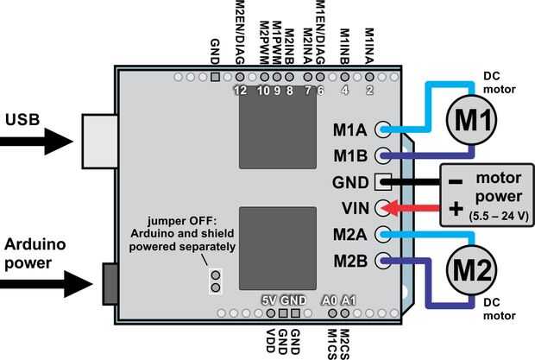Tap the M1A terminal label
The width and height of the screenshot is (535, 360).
[350, 131]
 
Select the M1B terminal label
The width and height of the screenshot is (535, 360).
[350, 156]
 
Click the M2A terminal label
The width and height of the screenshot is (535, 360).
[350, 234]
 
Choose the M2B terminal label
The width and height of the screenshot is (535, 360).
[350, 259]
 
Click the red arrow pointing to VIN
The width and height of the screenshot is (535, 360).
[414, 208]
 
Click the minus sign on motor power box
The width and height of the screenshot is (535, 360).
[456, 182]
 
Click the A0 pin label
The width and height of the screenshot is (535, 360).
[329, 300]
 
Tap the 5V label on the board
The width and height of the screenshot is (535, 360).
[268, 300]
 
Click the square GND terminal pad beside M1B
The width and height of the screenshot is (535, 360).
[382, 182]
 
